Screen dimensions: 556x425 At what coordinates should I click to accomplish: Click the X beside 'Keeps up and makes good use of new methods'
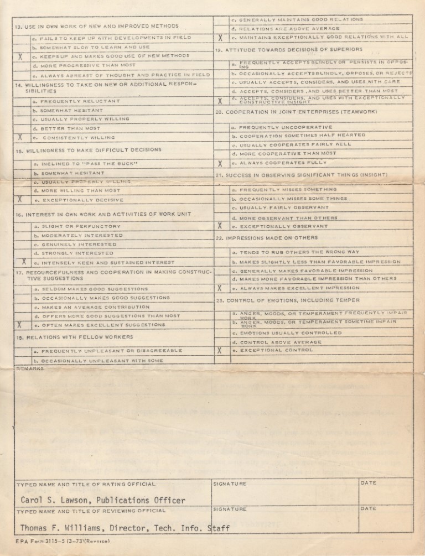pos(20,56)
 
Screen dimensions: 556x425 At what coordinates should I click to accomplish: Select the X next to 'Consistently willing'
pos(20,137)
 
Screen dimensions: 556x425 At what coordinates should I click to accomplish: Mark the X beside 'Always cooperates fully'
pos(221,163)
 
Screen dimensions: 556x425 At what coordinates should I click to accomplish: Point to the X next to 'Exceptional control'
pos(221,350)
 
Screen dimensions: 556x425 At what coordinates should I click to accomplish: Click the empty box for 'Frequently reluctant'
pos(22,101)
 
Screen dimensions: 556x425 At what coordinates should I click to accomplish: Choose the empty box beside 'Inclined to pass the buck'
pos(22,164)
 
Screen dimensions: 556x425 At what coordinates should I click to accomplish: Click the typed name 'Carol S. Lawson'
pos(55,500)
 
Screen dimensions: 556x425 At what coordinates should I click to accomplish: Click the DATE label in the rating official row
pos(369,483)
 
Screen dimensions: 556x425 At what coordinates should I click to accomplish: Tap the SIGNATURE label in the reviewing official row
pos(230,508)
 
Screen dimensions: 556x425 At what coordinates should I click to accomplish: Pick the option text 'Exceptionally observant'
pos(283,226)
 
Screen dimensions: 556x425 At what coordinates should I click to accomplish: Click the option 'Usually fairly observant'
pos(283,207)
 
